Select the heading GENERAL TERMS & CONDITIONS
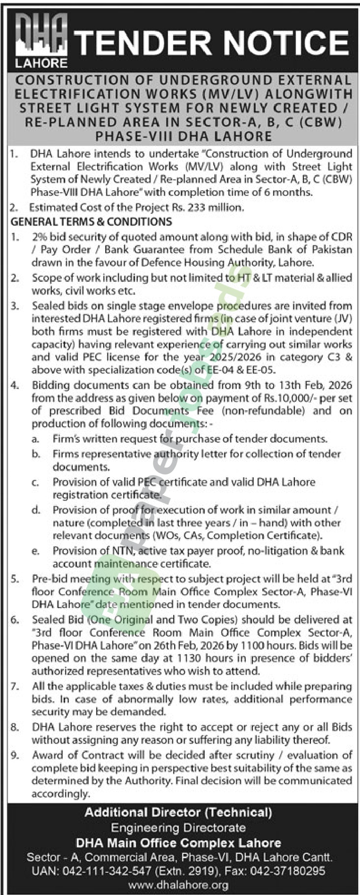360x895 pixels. coord(92,221)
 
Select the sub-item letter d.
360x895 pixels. coord(35,510)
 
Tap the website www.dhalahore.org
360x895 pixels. coord(178,885)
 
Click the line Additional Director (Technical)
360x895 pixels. coord(178,812)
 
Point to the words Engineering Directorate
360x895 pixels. coord(178,827)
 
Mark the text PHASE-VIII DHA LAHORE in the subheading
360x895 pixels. coord(184,136)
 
